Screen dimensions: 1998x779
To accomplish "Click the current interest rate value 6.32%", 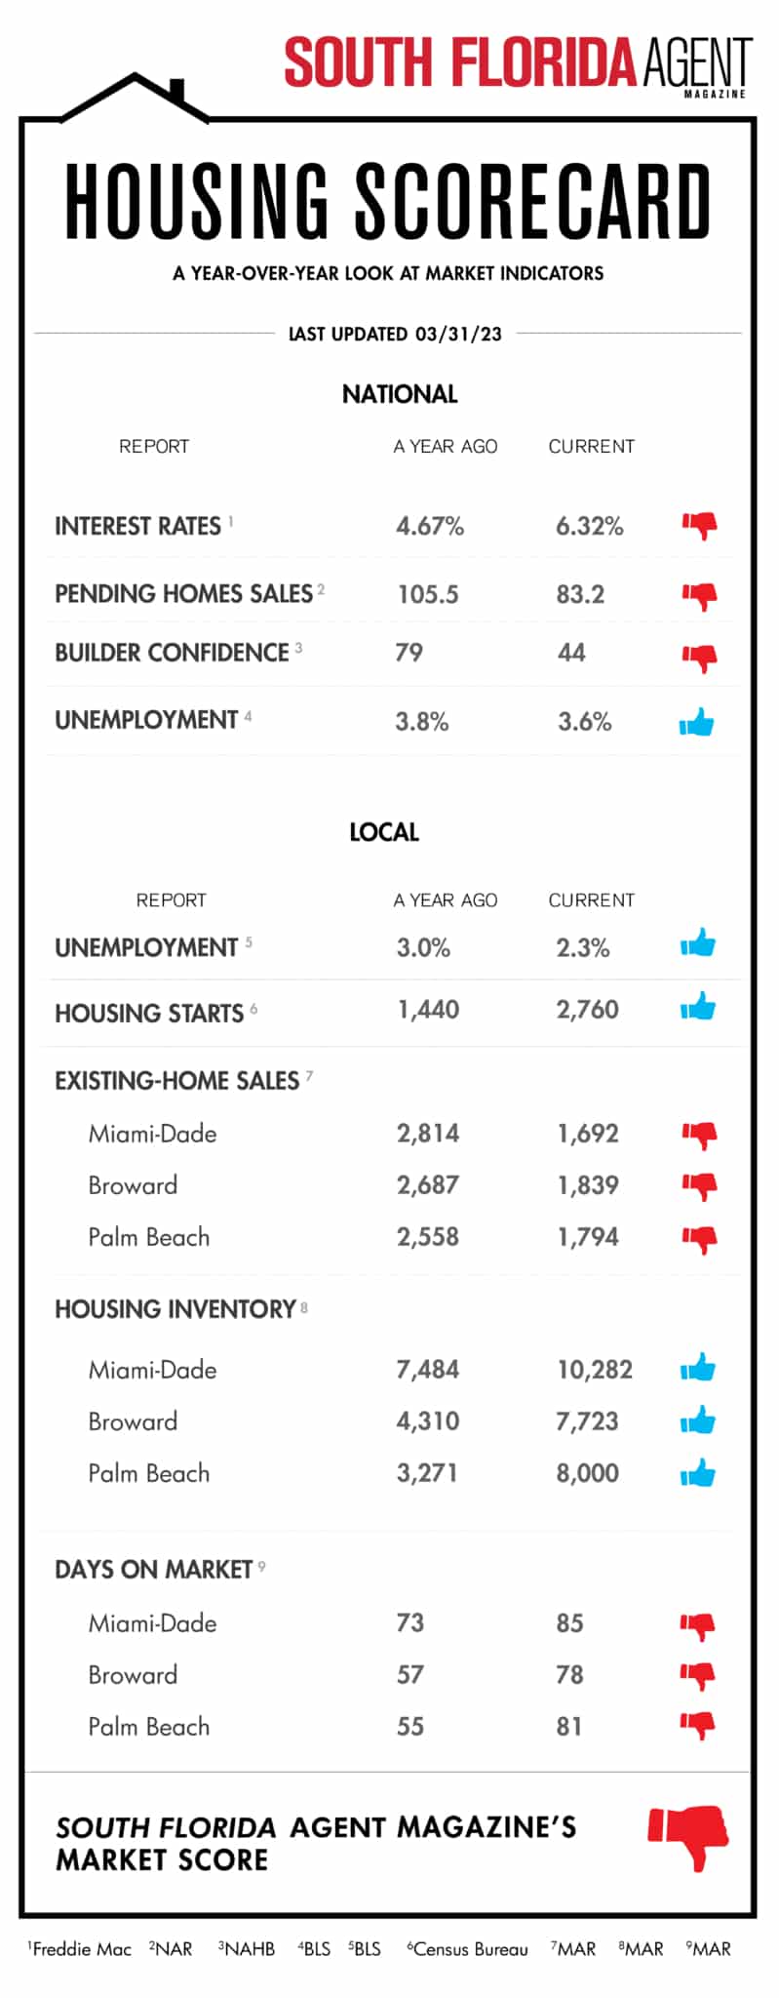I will tap(589, 527).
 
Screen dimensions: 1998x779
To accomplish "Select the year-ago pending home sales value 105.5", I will tap(427, 594).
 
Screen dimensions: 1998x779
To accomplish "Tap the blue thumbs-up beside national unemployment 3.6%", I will tap(696, 723).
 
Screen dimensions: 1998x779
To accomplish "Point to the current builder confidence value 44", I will tap(571, 653).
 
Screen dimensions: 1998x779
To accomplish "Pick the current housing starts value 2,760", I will tap(587, 1010).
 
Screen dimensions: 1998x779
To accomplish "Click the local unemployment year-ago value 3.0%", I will tap(423, 947).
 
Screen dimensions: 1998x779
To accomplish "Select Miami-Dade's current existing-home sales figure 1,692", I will tap(587, 1134).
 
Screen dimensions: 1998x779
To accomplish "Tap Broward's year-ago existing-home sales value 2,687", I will tap(427, 1185).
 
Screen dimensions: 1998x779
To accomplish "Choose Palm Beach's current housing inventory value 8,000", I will tap(587, 1473).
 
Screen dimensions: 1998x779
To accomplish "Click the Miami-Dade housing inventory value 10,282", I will tap(594, 1370).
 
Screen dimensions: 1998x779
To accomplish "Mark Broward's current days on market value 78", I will tap(569, 1675).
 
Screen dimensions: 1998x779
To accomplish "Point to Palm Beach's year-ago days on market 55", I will tap(409, 1727).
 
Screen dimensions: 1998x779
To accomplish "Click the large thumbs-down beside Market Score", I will tap(689, 1837).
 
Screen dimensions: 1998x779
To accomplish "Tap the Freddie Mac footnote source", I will tap(81, 1949).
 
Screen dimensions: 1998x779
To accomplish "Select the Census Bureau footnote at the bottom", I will tap(469, 1949).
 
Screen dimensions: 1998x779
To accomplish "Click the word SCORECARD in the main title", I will tap(532, 202).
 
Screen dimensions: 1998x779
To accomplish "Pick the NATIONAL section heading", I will tap(400, 394).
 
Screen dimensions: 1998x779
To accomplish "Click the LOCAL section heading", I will tap(384, 832).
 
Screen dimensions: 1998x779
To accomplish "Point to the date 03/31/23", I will tap(458, 334).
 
